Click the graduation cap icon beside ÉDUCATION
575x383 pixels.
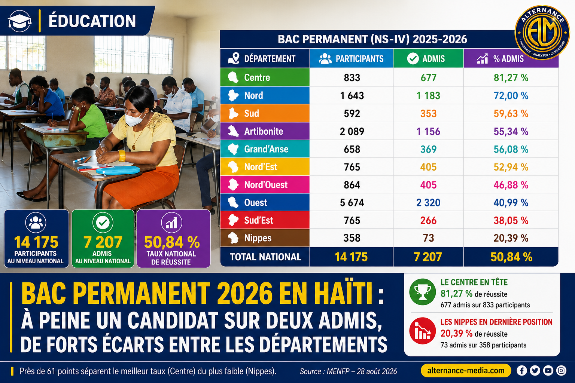[19, 21]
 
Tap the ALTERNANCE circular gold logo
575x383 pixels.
[542, 33]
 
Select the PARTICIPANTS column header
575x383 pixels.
[351, 58]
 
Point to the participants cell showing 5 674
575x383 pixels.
[352, 203]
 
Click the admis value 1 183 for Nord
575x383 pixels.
[428, 96]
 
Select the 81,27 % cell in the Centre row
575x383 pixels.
[511, 78]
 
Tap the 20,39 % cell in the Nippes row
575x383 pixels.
[511, 238]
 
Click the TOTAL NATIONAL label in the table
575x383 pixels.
[265, 257]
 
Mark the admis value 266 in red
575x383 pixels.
[428, 220]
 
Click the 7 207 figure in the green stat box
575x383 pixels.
[103, 242]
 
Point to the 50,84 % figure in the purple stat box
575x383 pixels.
[172, 242]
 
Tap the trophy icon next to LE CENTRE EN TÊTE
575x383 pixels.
[422, 292]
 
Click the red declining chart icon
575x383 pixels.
[422, 331]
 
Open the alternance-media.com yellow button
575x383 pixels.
[466, 371]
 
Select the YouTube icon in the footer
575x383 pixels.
[548, 371]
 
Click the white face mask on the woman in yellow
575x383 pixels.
[134, 120]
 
